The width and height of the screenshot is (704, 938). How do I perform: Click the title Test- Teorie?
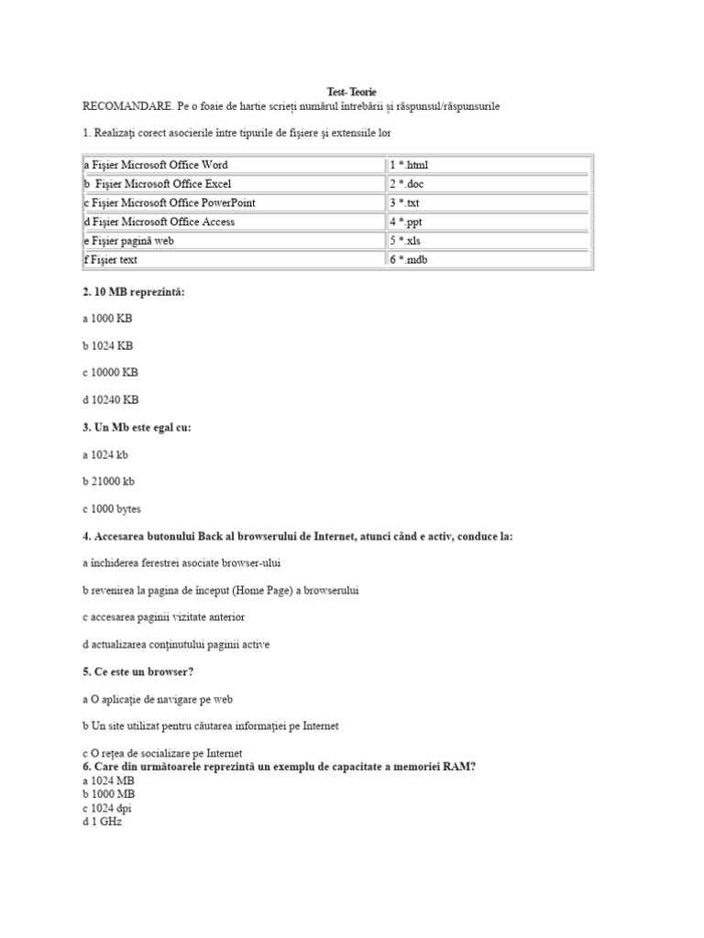352,93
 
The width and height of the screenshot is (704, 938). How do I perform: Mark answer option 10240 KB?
110,399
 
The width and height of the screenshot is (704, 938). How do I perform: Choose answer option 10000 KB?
110,373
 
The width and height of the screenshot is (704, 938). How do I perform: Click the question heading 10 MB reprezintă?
138,291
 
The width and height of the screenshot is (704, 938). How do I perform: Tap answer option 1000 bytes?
111,508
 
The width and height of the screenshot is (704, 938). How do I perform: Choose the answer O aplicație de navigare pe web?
157,699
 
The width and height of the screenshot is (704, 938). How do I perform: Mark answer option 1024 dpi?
106,808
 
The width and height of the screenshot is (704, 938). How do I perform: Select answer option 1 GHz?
102,822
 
